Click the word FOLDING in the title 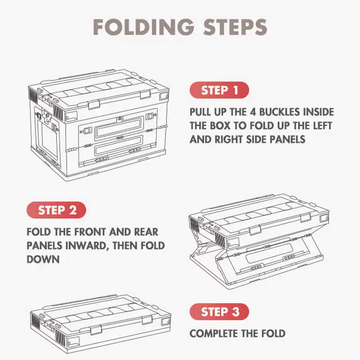point(144,27)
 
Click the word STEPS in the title point(235,27)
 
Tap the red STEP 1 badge point(219,90)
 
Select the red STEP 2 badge point(57,210)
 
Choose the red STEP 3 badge point(219,311)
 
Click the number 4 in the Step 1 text point(253,112)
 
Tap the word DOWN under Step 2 point(43,260)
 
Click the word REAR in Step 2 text point(146,232)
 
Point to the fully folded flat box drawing point(100,324)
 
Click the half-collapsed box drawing point(260,242)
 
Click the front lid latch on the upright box point(94,105)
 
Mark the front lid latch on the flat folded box point(96,330)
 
